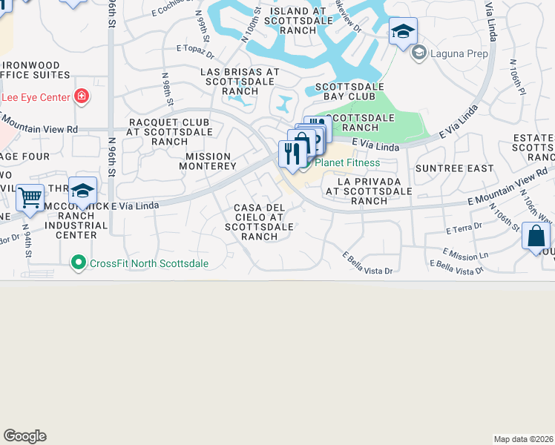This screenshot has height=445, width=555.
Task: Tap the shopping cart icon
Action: coord(30,198)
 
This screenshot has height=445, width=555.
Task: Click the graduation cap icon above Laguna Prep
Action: coord(403,32)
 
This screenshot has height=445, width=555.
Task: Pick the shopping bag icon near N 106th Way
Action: coord(536,237)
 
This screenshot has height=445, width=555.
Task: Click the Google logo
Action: coord(24,436)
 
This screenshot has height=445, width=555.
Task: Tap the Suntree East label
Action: coord(454,168)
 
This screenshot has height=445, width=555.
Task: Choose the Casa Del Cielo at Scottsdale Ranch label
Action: coord(264,222)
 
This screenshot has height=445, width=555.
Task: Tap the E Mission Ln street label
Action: coord(466,254)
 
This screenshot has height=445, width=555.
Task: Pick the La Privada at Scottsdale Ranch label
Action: coord(369,191)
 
